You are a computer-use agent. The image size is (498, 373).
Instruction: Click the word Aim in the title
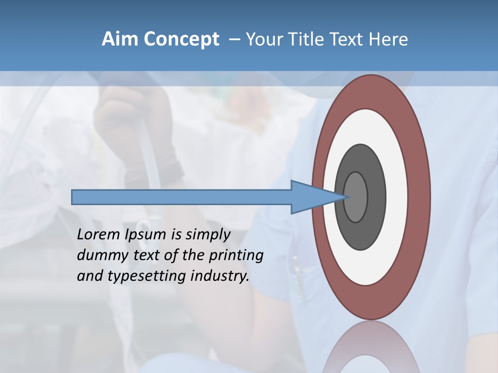tap(120, 39)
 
